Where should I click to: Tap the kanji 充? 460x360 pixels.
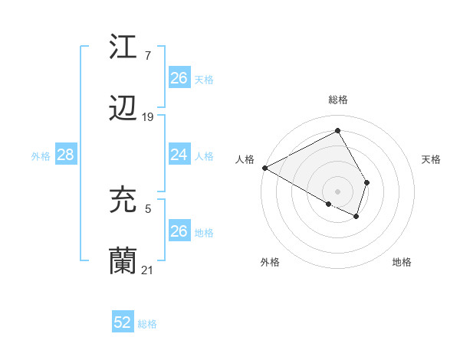[123, 201]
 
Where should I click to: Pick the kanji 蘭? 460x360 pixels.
[123, 262]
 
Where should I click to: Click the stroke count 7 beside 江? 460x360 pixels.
[147, 56]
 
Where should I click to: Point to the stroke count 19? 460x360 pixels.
[148, 117]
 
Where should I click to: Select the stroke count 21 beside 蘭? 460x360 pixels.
[148, 270]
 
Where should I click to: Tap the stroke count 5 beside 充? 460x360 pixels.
[147, 208]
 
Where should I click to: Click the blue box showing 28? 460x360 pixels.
[65, 155]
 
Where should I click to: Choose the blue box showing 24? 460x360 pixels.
[179, 155]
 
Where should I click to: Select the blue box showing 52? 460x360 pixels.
[123, 322]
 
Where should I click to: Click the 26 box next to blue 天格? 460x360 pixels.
[179, 78]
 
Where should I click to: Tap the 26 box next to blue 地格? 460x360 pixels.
[179, 231]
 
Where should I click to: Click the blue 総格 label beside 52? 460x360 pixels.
[147, 324]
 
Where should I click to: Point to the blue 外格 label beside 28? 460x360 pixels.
[41, 156]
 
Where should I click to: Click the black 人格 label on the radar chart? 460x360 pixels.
[245, 159]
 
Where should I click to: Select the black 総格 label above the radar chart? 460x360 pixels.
[338, 100]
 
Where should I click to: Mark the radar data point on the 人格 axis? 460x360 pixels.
[264, 168]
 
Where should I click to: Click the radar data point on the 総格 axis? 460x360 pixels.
[337, 130]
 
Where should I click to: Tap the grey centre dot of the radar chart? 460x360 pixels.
[337, 190]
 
